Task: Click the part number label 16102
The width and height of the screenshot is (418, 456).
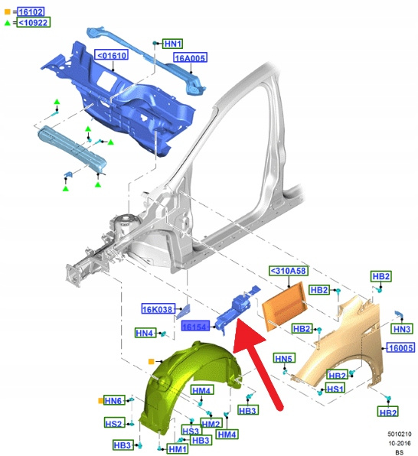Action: coord(31,12)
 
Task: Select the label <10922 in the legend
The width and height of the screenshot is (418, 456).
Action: coord(34,22)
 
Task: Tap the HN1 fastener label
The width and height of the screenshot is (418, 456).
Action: coord(173,44)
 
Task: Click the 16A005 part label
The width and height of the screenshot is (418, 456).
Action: coord(191,58)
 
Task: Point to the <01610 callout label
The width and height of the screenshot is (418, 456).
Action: coord(112,54)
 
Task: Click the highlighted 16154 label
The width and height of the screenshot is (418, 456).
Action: coord(195,326)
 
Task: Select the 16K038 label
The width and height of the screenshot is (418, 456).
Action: coord(158,309)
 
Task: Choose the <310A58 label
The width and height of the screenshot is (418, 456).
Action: coord(289,271)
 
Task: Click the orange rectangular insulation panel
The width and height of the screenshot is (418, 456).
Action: coord(284,307)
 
